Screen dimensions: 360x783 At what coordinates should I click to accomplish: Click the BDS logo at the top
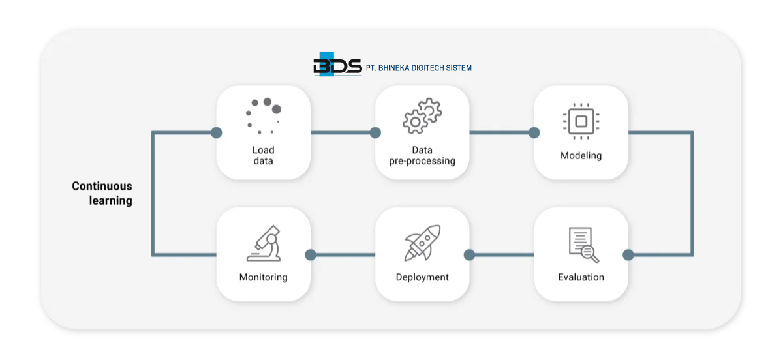(x=337, y=66)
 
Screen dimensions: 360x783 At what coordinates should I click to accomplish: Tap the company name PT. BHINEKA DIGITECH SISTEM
(x=419, y=68)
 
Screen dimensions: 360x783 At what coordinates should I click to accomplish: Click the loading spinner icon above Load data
(x=264, y=116)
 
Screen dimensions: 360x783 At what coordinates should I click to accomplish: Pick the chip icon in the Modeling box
(x=581, y=120)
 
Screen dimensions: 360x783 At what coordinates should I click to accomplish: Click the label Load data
(x=263, y=155)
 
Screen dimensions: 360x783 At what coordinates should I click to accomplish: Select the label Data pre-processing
(x=422, y=155)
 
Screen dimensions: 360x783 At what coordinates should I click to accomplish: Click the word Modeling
(x=581, y=156)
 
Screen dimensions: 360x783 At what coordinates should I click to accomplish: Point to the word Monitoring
(x=263, y=277)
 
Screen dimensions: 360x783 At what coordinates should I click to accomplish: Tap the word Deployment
(x=422, y=277)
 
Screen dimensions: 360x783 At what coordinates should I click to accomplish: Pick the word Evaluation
(x=581, y=277)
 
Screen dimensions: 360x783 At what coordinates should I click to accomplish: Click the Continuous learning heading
(x=102, y=194)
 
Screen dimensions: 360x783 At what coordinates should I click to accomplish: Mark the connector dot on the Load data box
(x=217, y=133)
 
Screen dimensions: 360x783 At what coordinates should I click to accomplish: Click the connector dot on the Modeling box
(x=534, y=133)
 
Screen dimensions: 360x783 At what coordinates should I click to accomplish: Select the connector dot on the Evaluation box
(x=628, y=255)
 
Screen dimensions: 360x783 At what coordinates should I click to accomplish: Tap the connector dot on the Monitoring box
(x=311, y=255)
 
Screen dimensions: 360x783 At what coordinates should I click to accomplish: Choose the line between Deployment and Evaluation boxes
(x=501, y=255)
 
